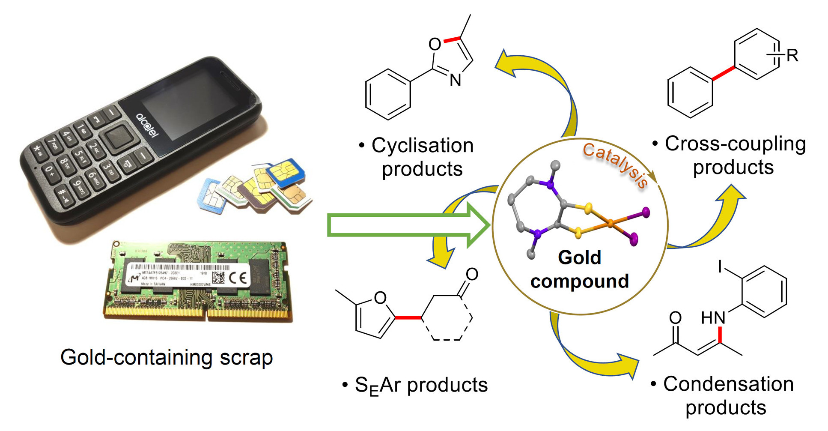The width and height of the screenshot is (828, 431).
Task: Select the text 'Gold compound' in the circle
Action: pyautogui.click(x=580, y=269)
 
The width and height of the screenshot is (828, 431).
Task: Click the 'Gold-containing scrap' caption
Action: pyautogui.click(x=167, y=357)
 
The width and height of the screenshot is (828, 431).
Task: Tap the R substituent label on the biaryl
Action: pyautogui.click(x=792, y=56)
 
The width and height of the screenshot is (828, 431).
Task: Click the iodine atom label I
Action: pyautogui.click(x=720, y=267)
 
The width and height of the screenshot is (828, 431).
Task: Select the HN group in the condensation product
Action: pyautogui.click(x=713, y=318)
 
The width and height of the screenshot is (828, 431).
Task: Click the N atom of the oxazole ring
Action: pyautogui.click(x=456, y=80)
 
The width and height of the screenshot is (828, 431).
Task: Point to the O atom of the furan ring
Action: pyautogui.click(x=380, y=298)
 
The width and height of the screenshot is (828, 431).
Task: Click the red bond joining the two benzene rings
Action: pyautogui.click(x=724, y=73)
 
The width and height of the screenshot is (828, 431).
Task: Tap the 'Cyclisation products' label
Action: pyautogui.click(x=422, y=157)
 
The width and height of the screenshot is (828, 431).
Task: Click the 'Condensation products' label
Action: pyautogui.click(x=728, y=395)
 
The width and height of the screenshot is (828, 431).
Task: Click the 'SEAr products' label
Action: pyautogui.click(x=421, y=385)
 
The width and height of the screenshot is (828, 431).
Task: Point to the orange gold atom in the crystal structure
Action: pyautogui.click(x=611, y=223)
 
